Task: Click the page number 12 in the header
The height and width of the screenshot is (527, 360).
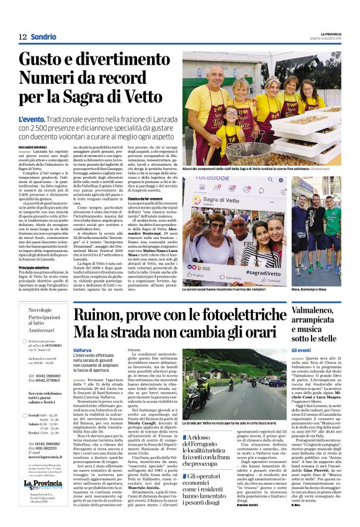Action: [22, 37]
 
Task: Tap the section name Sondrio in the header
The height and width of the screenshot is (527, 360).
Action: [43, 37]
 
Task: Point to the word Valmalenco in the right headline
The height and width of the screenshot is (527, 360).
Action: [322, 310]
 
